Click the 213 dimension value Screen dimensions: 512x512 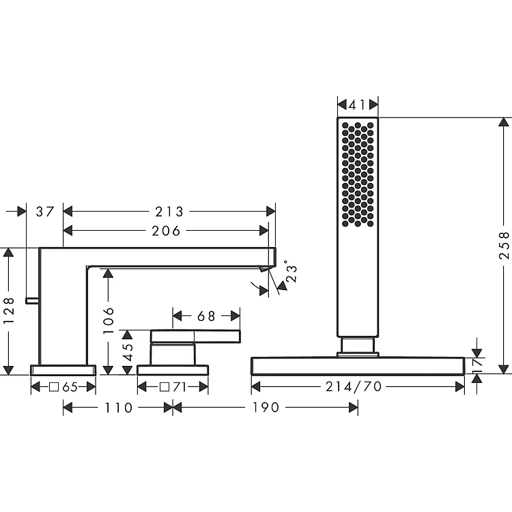point(169,212)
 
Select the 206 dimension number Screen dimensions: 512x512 point(166,231)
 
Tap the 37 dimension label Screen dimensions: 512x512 point(45,212)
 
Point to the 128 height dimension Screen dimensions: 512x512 point(10,311)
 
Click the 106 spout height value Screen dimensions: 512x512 point(109,320)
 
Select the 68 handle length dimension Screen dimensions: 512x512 point(206,316)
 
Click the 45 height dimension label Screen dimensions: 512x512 point(129,352)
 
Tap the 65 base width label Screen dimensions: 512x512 point(70,387)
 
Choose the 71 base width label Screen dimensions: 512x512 point(180,387)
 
